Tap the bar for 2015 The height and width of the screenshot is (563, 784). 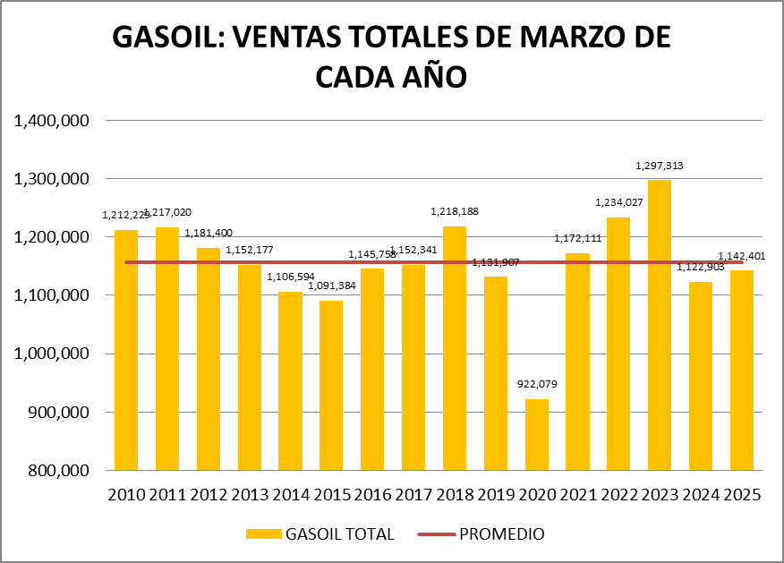(x=331, y=385)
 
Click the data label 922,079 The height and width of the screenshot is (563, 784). (x=537, y=385)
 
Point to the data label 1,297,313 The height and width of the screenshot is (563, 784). (x=660, y=166)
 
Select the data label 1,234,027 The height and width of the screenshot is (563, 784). (x=619, y=203)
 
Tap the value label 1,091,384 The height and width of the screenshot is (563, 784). (x=331, y=286)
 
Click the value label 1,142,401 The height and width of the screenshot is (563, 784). (x=742, y=256)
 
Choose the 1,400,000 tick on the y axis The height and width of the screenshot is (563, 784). (x=51, y=121)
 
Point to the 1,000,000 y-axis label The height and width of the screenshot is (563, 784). (x=51, y=354)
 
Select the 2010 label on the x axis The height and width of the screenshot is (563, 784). (x=126, y=495)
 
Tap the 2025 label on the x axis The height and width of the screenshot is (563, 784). (x=742, y=495)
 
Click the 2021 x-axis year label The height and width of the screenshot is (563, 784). (x=577, y=495)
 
